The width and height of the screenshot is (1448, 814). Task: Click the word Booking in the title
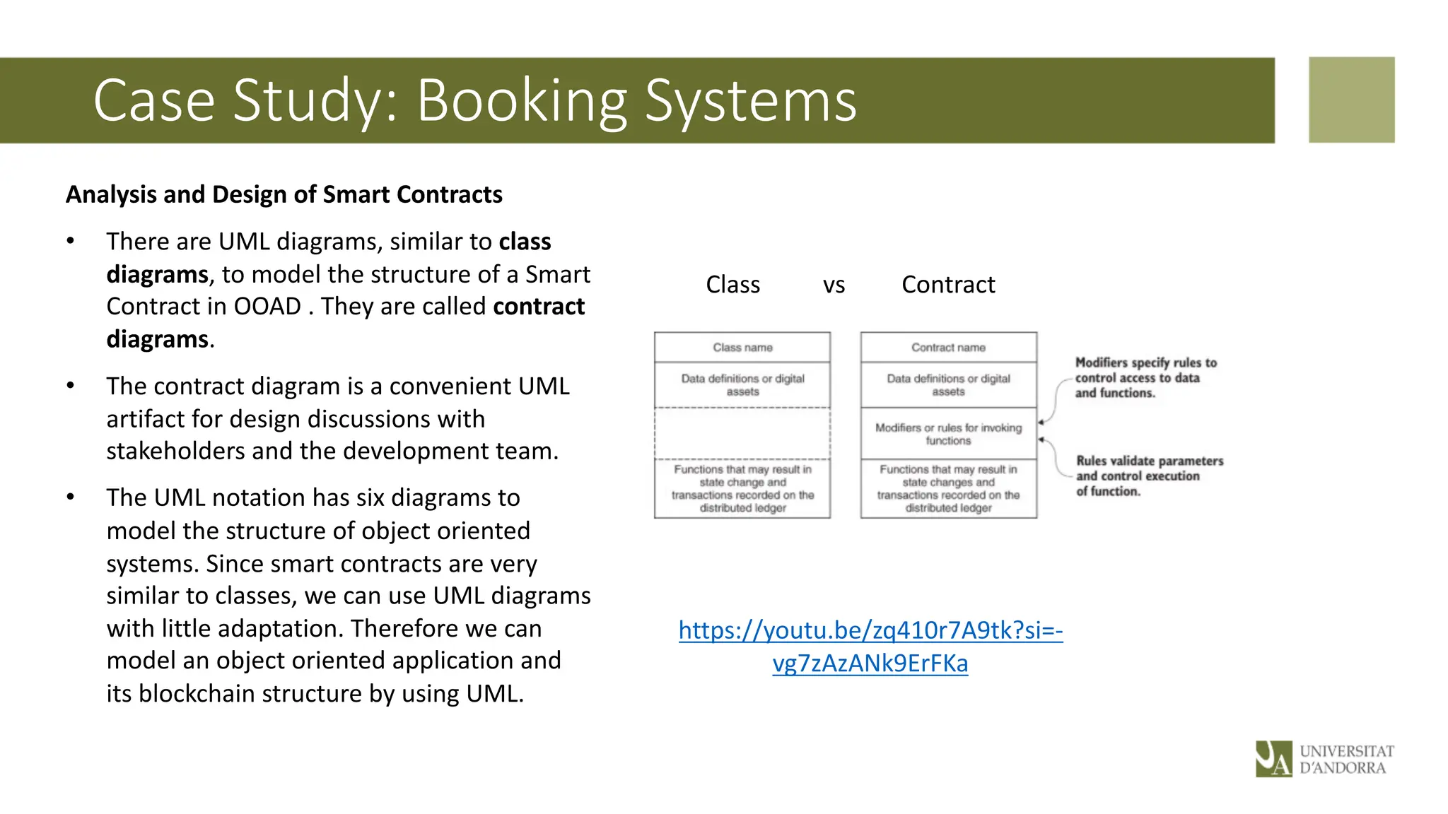tap(522, 101)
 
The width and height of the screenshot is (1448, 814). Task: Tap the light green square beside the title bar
tap(1351, 100)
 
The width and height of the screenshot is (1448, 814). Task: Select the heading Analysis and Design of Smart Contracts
tap(284, 194)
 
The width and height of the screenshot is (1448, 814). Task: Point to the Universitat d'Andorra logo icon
tap(1273, 758)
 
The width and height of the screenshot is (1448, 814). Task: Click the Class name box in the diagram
tap(742, 348)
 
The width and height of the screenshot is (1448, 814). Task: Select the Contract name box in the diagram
tap(948, 348)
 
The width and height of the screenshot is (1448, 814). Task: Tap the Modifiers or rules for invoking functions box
tap(948, 434)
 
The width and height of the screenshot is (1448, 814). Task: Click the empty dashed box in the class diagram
tap(742, 433)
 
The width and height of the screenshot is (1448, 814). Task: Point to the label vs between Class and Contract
tap(834, 285)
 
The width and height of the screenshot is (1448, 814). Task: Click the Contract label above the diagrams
tap(948, 285)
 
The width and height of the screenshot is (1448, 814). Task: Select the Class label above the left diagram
tap(732, 285)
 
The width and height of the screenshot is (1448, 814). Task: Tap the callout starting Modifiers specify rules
tap(1145, 378)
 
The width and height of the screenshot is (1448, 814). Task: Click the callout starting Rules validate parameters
tap(1149, 476)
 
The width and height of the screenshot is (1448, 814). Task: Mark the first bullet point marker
tap(70, 242)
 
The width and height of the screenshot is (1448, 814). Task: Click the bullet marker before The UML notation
tap(70, 497)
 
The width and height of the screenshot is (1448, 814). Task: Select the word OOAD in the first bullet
tap(267, 307)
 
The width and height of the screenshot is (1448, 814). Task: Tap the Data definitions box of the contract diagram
tap(948, 385)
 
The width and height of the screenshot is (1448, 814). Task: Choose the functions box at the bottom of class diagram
tap(742, 488)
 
